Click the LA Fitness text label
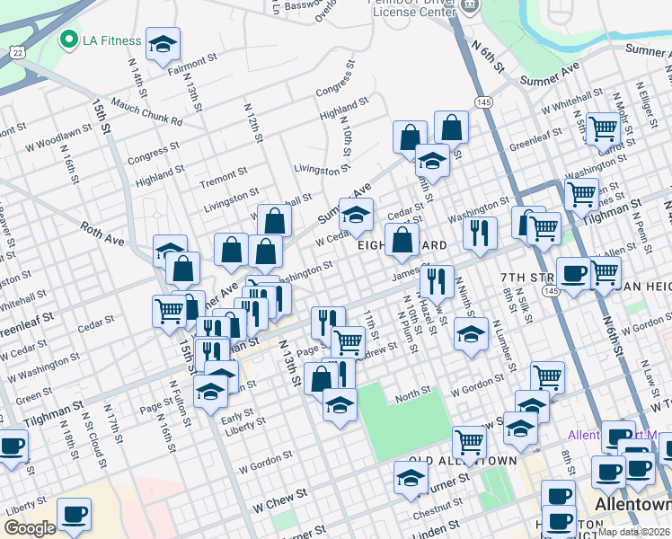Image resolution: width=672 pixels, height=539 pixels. [x=112, y=40]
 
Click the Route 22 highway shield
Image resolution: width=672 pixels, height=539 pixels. [x=18, y=52]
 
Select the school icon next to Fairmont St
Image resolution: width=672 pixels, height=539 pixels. [x=163, y=43]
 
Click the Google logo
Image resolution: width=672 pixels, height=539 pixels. [x=30, y=528]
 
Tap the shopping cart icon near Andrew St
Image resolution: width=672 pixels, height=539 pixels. [x=348, y=341]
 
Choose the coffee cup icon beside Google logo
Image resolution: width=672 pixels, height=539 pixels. [x=75, y=515]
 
